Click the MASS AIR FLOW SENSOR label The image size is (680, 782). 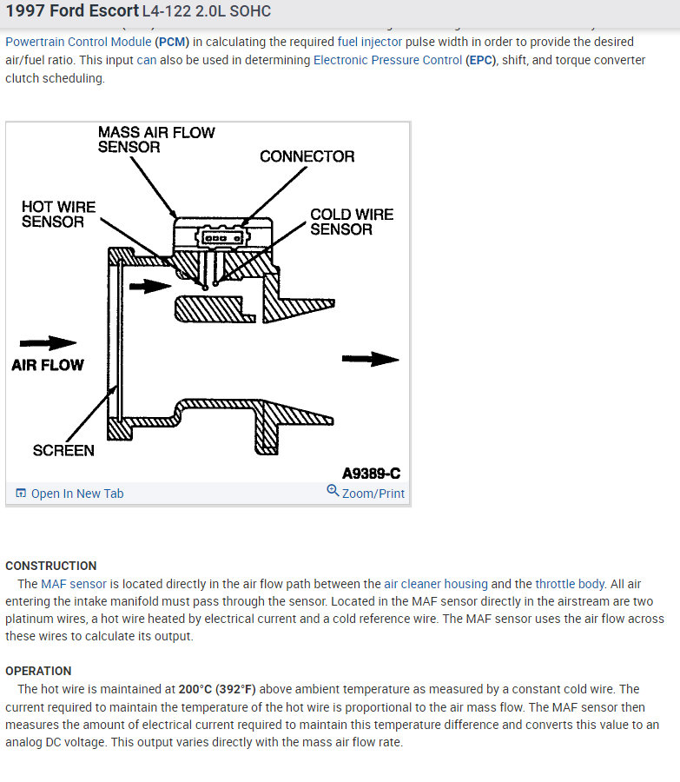tap(156, 140)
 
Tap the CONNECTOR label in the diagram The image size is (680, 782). tap(307, 156)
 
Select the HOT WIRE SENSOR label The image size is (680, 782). tap(58, 215)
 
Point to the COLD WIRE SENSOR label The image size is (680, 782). tap(352, 222)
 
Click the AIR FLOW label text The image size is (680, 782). tap(48, 365)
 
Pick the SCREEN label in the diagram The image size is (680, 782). tap(63, 450)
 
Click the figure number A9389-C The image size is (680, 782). tap(371, 474)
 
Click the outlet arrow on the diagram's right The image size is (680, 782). tap(370, 359)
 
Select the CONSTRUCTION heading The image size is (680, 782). tap(51, 566)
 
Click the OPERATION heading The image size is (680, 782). tap(38, 671)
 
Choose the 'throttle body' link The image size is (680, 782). tap(569, 584)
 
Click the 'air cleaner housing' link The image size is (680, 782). tap(436, 584)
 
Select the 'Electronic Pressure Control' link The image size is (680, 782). tap(387, 60)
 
